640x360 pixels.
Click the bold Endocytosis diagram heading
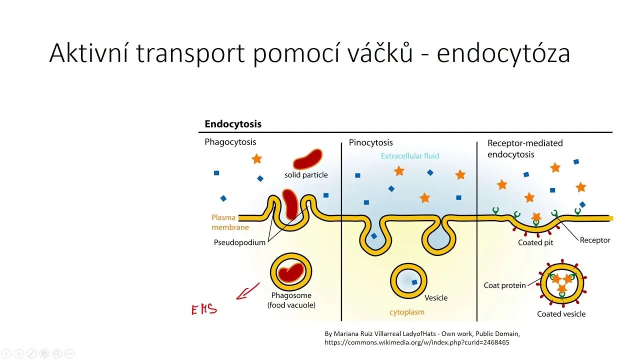[x=233, y=124]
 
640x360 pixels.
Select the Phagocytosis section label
[x=230, y=142]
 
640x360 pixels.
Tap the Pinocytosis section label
[x=370, y=143]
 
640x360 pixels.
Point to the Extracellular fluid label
[x=409, y=156]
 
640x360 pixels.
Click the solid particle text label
[x=306, y=175]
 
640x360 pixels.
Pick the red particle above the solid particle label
[x=307, y=159]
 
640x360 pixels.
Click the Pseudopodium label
[x=239, y=242]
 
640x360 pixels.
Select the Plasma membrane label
[x=230, y=222]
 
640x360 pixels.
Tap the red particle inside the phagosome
[x=291, y=272]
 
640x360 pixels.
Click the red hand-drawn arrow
[x=248, y=291]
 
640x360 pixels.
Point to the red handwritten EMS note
[x=204, y=309]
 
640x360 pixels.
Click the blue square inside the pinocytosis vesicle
[x=414, y=282]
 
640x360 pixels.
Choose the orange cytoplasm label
[x=406, y=312]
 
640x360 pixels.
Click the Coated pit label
[x=535, y=242]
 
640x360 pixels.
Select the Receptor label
[x=595, y=240]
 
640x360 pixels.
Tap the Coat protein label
[x=504, y=285]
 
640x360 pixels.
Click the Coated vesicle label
[x=561, y=314]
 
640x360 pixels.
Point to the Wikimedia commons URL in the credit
[x=417, y=342]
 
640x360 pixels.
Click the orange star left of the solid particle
[x=256, y=159]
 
